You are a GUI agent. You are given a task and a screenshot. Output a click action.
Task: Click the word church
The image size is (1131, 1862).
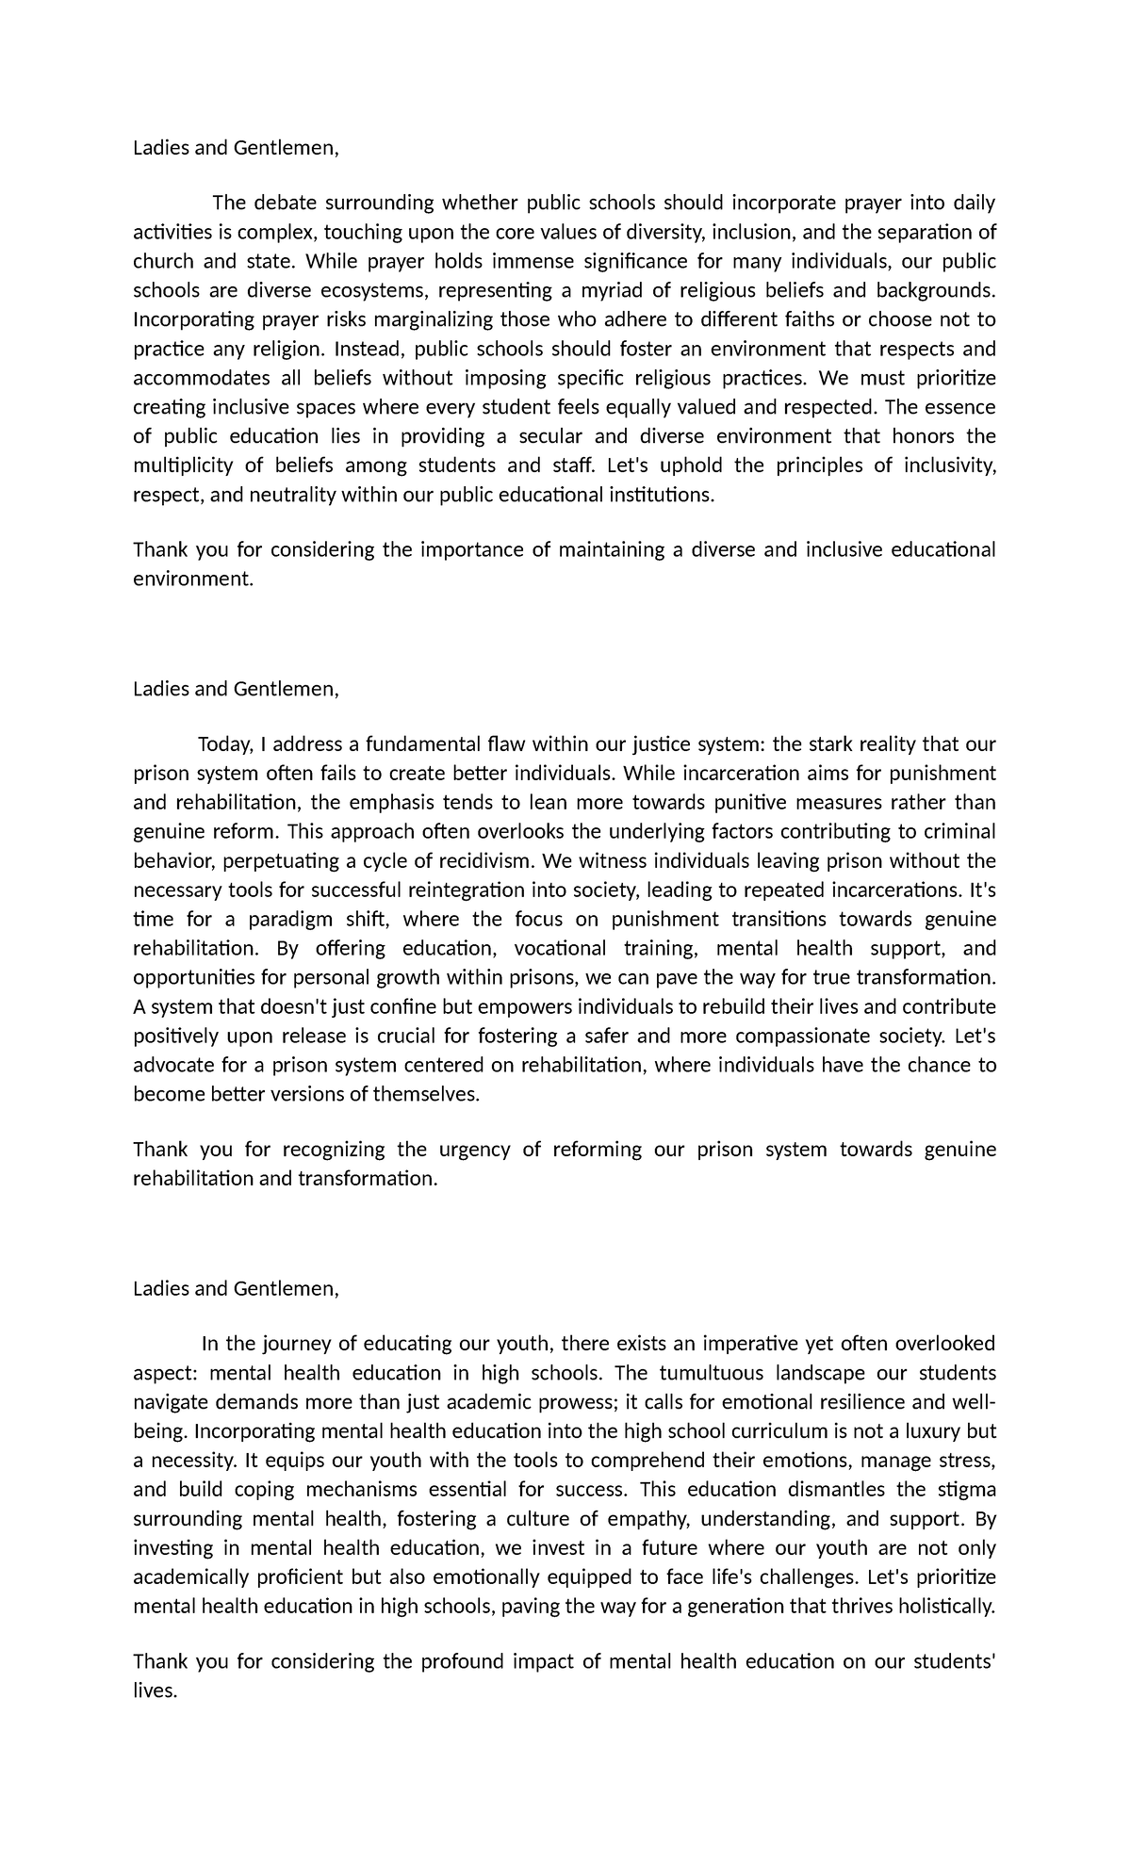click(x=162, y=261)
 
